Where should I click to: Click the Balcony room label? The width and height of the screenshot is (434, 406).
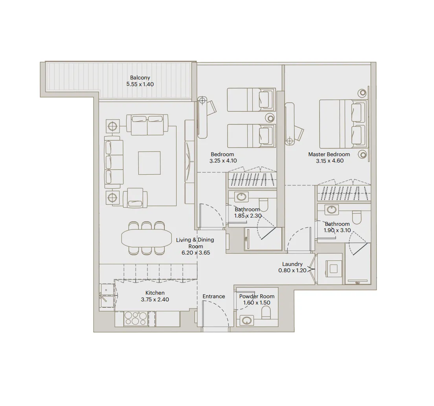click(140, 78)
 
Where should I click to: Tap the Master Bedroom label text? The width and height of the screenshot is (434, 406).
click(329, 155)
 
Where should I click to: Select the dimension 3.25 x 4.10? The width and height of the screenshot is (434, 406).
click(223, 161)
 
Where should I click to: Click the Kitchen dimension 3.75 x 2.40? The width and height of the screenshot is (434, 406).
click(155, 299)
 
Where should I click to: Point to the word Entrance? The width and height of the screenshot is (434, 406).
click(214, 296)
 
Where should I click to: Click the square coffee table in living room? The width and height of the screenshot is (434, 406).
click(149, 163)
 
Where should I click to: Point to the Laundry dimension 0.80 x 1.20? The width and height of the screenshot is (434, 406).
click(292, 271)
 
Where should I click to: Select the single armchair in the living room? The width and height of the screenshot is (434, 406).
click(135, 198)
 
